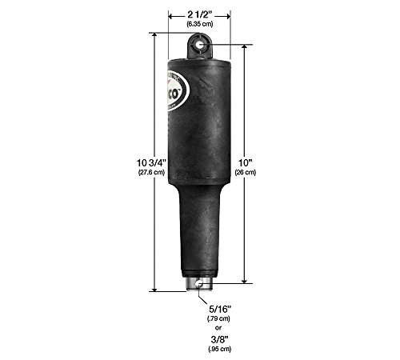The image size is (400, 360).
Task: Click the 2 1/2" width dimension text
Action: click(198, 14)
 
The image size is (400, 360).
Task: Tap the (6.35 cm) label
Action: click(198, 25)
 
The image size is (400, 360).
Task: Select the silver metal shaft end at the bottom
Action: click(198, 283)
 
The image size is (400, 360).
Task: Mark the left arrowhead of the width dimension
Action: click(170, 14)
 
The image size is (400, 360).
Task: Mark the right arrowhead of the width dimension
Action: click(229, 14)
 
